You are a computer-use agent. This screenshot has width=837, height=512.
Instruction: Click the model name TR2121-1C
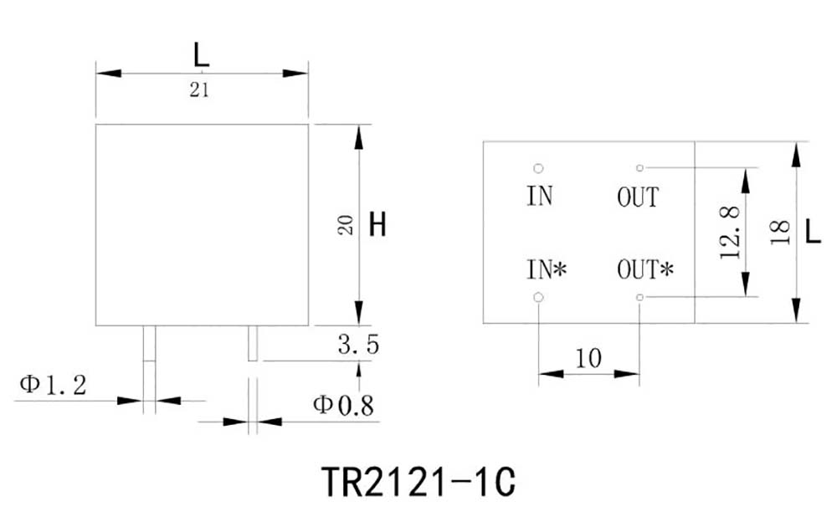pyautogui.click(x=418, y=482)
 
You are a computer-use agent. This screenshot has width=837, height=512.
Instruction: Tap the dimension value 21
pyautogui.click(x=198, y=91)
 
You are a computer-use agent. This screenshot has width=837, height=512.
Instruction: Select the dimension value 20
pyautogui.click(x=346, y=224)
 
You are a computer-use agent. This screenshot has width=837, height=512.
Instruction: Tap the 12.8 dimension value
pyautogui.click(x=730, y=232)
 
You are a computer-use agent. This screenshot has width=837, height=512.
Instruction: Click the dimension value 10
pyautogui.click(x=588, y=358)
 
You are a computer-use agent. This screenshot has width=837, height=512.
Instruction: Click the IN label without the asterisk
pyautogui.click(x=540, y=197)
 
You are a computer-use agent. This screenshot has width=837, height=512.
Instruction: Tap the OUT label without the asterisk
pyautogui.click(x=638, y=197)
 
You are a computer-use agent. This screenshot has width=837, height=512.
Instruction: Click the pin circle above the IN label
pyautogui.click(x=538, y=168)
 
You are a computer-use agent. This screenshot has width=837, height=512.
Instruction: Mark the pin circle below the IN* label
pyautogui.click(x=538, y=297)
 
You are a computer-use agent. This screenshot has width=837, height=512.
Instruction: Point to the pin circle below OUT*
pyautogui.click(x=639, y=297)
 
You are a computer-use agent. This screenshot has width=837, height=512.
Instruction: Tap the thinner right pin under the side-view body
pyautogui.click(x=253, y=343)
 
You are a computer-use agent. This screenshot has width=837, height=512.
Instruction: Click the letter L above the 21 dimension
pyautogui.click(x=201, y=56)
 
